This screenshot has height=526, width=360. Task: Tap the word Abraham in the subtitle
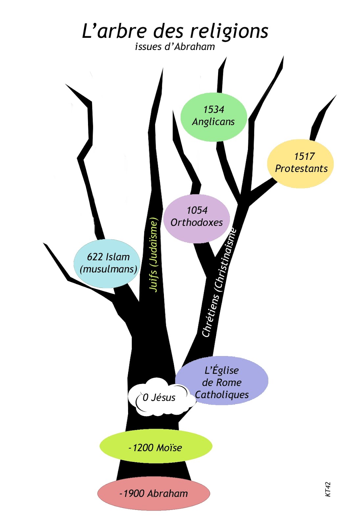(x=195, y=47)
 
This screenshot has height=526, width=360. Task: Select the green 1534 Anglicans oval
(x=214, y=117)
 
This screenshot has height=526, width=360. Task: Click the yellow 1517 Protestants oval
(x=301, y=163)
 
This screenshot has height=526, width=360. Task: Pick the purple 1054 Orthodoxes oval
(x=196, y=219)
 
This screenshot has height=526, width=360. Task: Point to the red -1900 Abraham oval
(x=153, y=493)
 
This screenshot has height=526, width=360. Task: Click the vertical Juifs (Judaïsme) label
(x=154, y=255)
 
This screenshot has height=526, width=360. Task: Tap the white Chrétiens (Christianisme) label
(x=219, y=283)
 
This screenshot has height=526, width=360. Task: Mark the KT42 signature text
(x=328, y=489)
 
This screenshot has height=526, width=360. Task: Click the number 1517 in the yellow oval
(x=304, y=156)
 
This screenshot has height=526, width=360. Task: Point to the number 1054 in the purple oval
(x=197, y=210)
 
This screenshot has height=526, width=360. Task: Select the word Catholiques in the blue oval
(x=222, y=394)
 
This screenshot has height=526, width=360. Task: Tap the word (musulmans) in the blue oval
(x=108, y=269)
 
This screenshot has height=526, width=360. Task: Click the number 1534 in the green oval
(x=214, y=109)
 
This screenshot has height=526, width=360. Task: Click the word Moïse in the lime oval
(x=169, y=448)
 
